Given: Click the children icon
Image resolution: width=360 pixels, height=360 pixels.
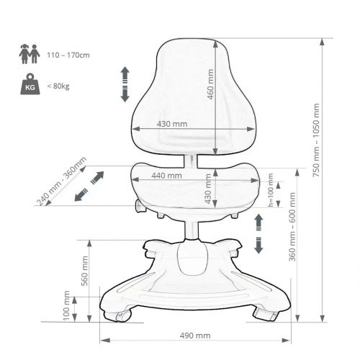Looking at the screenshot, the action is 30,54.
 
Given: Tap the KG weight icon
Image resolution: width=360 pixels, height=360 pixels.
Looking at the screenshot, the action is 30,84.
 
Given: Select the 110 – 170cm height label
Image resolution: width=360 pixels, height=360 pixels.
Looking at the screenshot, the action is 68,55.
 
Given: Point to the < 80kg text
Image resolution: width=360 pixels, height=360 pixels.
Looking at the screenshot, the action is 58,86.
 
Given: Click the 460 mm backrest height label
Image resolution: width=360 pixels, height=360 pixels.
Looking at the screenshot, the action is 210,84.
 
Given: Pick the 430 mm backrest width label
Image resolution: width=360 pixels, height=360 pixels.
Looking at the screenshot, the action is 172,124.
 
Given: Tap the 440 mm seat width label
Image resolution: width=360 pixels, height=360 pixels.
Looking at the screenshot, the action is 166,176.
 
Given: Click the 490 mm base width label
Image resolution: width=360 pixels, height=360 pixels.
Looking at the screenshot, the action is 195,336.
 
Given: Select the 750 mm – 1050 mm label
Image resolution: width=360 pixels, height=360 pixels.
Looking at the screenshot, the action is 316,140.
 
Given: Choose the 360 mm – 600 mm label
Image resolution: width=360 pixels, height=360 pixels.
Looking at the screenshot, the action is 292,227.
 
